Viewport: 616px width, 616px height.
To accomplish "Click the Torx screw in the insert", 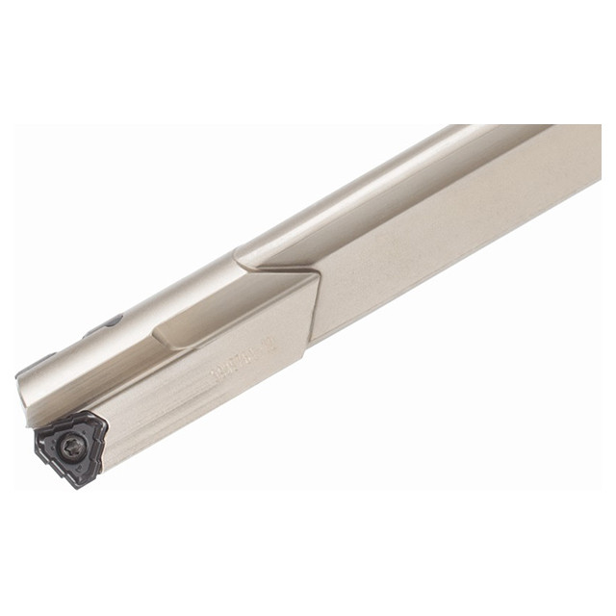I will pyautogui.click(x=70, y=445).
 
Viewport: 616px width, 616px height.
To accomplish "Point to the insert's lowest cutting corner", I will pyautogui.click(x=72, y=483).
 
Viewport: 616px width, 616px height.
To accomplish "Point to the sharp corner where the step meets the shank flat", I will pyautogui.click(x=318, y=273).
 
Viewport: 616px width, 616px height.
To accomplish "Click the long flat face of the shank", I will pyautogui.click(x=452, y=231).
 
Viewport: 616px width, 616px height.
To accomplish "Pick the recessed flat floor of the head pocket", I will pyautogui.click(x=231, y=308).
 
